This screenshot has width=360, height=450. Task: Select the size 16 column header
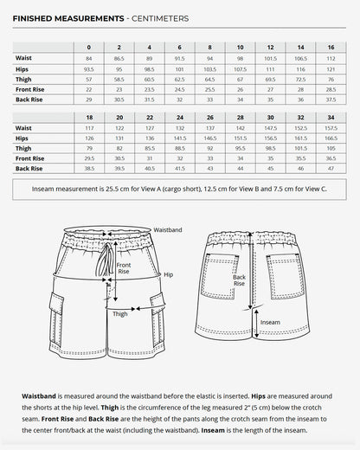pos(331,47)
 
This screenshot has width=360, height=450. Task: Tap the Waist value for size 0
pos(88,58)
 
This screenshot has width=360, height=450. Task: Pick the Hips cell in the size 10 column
pos(240,67)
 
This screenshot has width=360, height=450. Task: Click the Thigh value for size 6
pos(179,78)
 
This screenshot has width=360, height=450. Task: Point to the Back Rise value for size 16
pos(331,99)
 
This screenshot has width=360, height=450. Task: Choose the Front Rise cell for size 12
pos(270,88)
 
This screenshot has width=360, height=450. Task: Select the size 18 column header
pos(88,117)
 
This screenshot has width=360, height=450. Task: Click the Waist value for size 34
pos(331,127)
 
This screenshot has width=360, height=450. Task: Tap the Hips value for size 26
pos(209,138)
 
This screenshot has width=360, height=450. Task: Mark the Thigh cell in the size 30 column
pos(270,148)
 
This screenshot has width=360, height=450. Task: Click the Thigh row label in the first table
pos(23,78)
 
